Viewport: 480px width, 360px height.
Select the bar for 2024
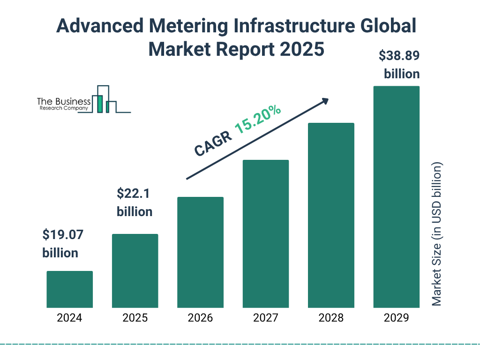click(x=70, y=289)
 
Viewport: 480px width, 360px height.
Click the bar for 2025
click(x=135, y=271)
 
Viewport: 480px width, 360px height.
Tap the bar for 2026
click(x=200, y=252)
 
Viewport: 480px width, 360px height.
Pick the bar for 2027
click(x=265, y=234)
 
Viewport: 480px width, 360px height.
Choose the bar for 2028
click(x=331, y=215)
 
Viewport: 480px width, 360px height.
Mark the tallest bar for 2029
click(x=396, y=197)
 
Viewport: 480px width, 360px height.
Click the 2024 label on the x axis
click(x=70, y=318)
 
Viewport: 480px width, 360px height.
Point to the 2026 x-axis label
click(x=200, y=318)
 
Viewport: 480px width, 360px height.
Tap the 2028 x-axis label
click(x=331, y=318)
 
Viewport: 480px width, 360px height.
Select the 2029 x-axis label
click(x=396, y=318)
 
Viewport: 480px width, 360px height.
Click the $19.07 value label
click(x=60, y=234)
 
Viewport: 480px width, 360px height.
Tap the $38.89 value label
click(x=399, y=56)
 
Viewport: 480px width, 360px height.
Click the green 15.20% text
click(x=258, y=120)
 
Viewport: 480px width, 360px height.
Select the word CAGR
click(x=212, y=143)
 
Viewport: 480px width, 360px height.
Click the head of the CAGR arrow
click(x=324, y=101)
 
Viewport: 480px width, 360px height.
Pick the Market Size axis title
click(x=437, y=234)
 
